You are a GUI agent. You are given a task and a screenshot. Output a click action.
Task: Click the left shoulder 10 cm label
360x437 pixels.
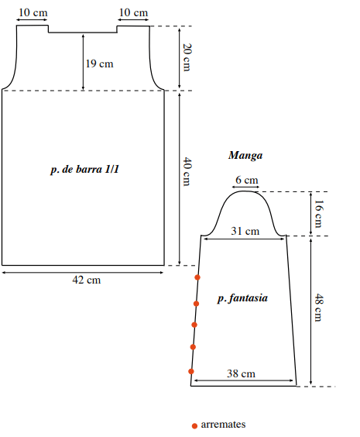(x=33, y=12)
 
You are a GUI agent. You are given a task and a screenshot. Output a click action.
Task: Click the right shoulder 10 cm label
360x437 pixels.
(x=133, y=12)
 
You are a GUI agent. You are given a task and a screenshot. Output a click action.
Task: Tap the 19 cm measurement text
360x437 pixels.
(x=99, y=64)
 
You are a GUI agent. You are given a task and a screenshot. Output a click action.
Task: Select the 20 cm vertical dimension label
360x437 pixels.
(x=187, y=57)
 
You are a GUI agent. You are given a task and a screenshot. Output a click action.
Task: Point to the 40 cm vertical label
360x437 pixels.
(x=187, y=171)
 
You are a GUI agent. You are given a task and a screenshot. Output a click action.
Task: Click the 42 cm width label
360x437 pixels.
(x=87, y=280)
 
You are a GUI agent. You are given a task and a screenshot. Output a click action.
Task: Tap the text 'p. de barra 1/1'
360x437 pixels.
(x=85, y=170)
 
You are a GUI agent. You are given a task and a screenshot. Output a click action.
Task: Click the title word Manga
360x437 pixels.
(x=245, y=155)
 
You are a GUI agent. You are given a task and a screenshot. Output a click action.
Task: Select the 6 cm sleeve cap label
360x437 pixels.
(x=247, y=180)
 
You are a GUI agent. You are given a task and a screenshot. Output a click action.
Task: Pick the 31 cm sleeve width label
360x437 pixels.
(x=245, y=231)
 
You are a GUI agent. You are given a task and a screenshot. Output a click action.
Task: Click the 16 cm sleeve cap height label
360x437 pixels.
(x=318, y=214)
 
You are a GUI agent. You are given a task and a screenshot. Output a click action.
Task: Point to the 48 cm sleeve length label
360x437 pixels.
(x=318, y=308)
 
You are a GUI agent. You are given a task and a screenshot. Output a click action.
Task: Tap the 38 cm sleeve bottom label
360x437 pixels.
(x=241, y=373)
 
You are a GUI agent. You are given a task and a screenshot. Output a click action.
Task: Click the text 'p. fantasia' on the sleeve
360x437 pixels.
(x=242, y=298)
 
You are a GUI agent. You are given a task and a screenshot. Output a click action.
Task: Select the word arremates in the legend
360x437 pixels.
(x=223, y=425)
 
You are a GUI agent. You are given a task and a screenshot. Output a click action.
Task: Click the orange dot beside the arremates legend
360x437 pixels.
(x=194, y=426)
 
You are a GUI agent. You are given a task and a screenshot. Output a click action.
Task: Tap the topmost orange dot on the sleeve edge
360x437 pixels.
(x=197, y=277)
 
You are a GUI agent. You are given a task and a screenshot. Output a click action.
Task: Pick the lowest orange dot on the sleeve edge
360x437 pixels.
(x=191, y=371)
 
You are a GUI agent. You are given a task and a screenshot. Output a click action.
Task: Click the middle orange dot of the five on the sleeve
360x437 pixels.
(x=194, y=325)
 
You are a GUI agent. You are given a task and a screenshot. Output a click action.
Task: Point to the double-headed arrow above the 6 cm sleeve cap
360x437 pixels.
(x=246, y=187)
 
